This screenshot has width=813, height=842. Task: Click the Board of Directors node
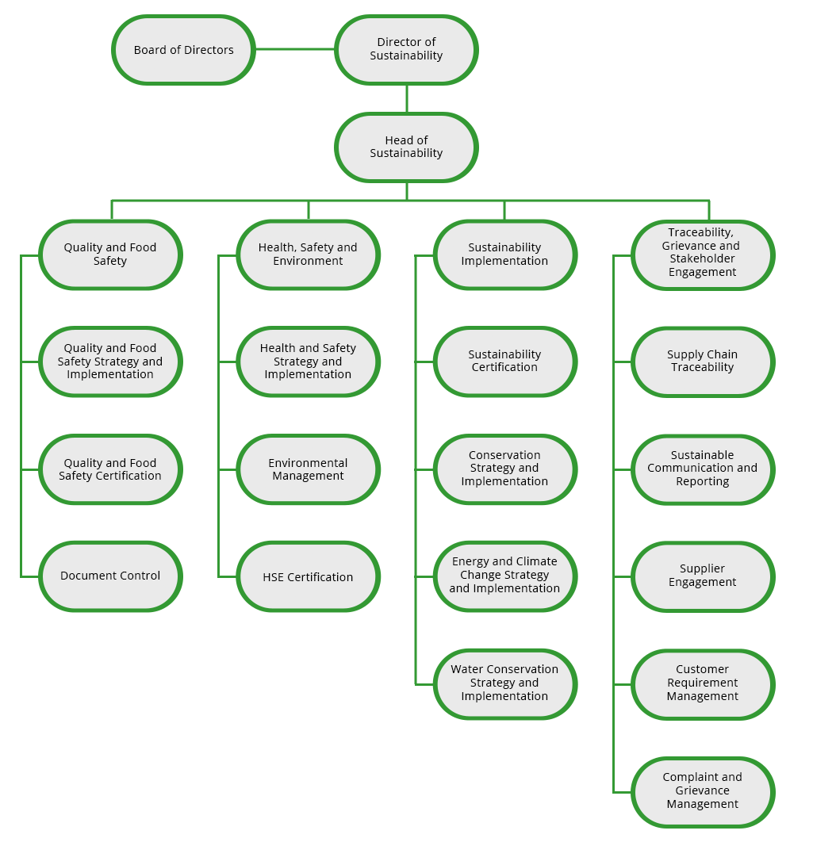tap(183, 50)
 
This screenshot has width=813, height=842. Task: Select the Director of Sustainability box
tap(406, 50)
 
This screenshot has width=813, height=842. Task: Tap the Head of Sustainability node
tap(406, 147)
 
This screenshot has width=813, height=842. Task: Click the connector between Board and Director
tap(295, 49)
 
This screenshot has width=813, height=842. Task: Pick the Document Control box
tap(110, 576)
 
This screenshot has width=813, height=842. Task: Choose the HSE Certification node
tap(308, 576)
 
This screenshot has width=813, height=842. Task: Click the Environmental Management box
tap(308, 469)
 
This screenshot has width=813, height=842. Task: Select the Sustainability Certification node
tap(504, 362)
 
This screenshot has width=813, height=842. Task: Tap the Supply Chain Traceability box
tap(702, 362)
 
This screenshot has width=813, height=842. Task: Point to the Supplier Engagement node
tap(702, 576)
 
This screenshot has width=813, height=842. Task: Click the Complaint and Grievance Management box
tap(702, 792)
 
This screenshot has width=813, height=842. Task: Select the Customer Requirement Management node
tap(702, 684)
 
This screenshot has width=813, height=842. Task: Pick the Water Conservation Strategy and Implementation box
tap(504, 684)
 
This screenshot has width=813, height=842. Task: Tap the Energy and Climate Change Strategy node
tap(504, 576)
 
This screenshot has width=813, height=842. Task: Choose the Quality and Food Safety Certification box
tap(110, 469)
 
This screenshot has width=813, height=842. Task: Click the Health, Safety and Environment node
tap(308, 255)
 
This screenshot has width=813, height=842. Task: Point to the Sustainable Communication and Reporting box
tap(702, 469)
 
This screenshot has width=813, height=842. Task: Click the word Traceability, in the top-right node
tap(700, 232)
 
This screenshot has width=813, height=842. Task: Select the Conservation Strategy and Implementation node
tap(504, 469)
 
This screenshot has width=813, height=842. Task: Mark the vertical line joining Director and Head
tap(406, 99)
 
